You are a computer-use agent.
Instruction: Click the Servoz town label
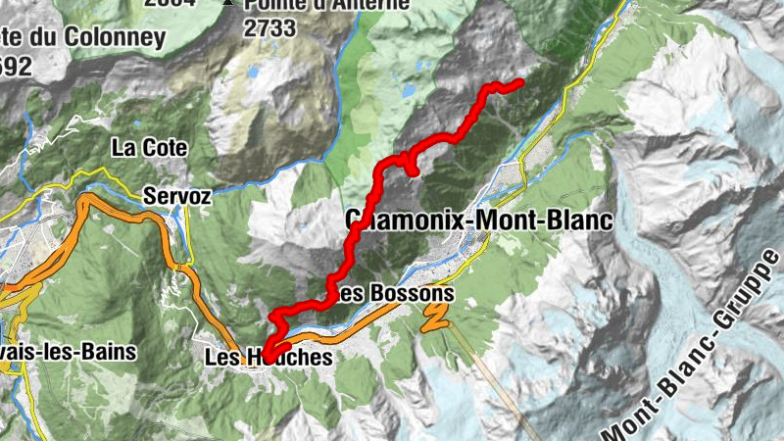(x=176, y=196)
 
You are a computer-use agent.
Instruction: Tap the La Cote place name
(x=149, y=149)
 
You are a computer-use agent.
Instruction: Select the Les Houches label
(x=269, y=358)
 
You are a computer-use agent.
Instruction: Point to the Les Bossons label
(x=393, y=293)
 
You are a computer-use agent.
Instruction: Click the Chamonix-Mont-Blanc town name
(x=479, y=220)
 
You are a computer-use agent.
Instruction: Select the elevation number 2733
(x=269, y=27)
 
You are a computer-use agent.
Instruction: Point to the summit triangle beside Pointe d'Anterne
(x=228, y=3)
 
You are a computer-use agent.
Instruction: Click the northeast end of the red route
(x=519, y=82)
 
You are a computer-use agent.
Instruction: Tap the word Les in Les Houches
(x=221, y=358)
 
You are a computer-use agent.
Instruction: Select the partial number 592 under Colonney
(x=18, y=67)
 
